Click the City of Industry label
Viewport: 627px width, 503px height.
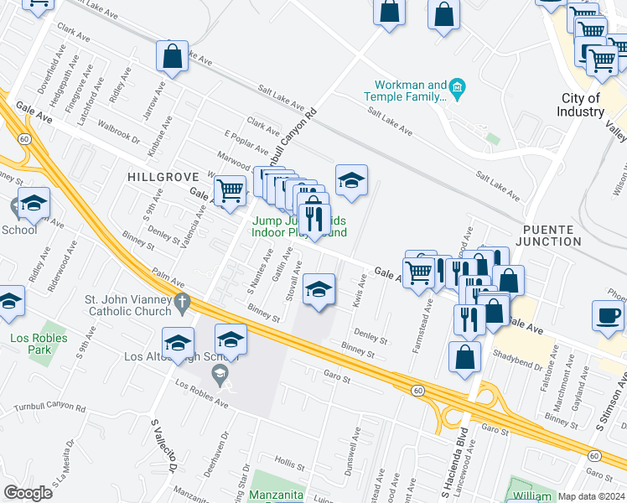[581, 105]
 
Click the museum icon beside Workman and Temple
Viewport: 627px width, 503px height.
[457, 86]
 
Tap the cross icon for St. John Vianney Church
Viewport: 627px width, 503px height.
[182, 301]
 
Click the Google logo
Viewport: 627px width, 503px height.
[28, 493]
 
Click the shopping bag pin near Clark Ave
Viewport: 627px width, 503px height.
[172, 57]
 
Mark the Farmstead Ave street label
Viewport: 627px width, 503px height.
[414, 332]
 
